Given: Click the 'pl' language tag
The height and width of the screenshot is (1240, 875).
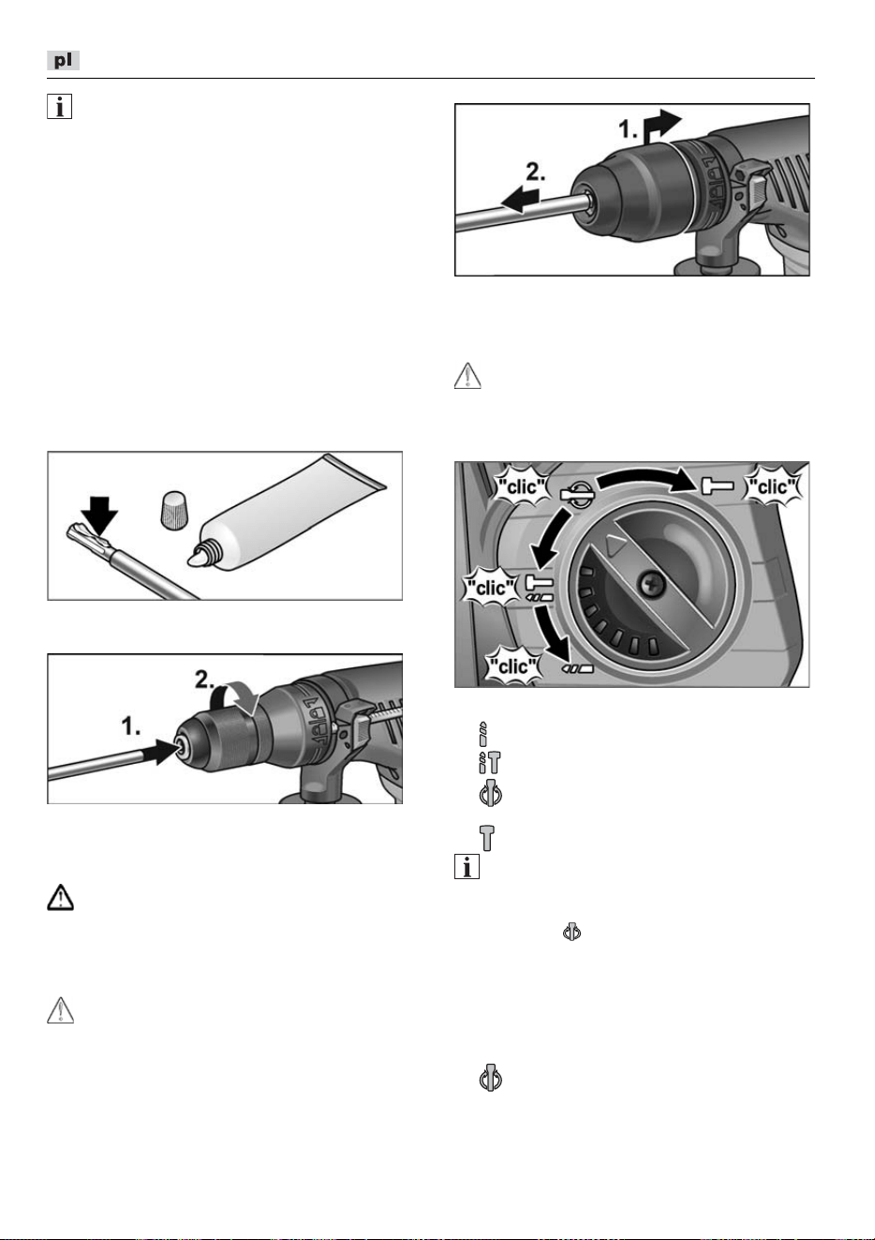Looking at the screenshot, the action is pos(63,60).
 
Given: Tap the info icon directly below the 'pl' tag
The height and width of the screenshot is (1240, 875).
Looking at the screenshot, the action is pos(59,107).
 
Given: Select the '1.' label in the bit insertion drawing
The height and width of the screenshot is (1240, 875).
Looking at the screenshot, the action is pos(130,726).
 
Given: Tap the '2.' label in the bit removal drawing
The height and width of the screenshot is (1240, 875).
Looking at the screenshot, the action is pos(535,172).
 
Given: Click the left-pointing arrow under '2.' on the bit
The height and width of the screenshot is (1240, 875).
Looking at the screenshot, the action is pos(520,201).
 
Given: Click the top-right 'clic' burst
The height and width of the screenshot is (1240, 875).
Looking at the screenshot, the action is pos(773,487).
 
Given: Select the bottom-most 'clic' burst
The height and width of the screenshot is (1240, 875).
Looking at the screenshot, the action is pos(513,666).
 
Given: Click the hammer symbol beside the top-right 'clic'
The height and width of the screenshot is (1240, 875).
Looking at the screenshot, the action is pos(718,486).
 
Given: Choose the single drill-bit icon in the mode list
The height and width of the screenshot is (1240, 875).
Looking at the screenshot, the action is pos(483,734).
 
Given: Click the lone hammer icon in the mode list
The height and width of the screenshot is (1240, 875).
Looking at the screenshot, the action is pos(486,838).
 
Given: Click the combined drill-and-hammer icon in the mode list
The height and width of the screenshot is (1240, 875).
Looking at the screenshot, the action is pos(489,762).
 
